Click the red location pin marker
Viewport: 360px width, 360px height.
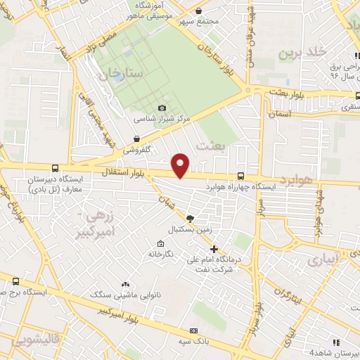(181, 165)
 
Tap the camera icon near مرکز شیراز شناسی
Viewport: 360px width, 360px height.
(162, 108)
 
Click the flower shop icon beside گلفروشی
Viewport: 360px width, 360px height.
(136, 139)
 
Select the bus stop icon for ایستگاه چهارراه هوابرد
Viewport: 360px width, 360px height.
(241, 176)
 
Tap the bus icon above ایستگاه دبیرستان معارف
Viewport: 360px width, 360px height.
(55, 168)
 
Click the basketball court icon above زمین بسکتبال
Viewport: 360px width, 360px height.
(190, 218)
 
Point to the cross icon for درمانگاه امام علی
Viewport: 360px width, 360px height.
(214, 249)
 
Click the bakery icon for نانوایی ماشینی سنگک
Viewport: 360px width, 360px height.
(105, 282)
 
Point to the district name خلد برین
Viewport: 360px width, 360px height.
(303, 53)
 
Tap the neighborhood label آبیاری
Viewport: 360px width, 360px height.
(321, 259)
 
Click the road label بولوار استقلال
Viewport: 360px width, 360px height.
(122, 172)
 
